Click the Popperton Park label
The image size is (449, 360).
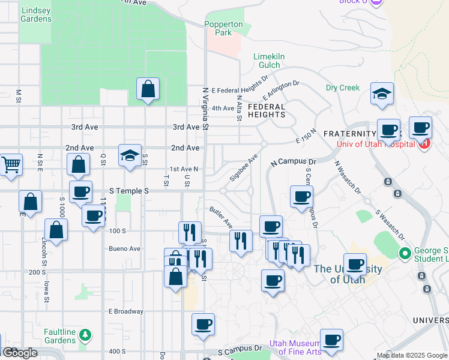tap(224, 28)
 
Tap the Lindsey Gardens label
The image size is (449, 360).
tap(35, 14)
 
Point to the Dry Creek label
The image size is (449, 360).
tap(342, 88)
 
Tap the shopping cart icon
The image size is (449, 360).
tap(11, 164)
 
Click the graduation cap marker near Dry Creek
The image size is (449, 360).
tap(382, 94)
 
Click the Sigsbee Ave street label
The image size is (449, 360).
tap(244, 169)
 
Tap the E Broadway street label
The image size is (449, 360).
tap(125, 311)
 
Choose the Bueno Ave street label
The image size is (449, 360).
tap(124, 248)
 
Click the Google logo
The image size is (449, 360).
tap(20, 353)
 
